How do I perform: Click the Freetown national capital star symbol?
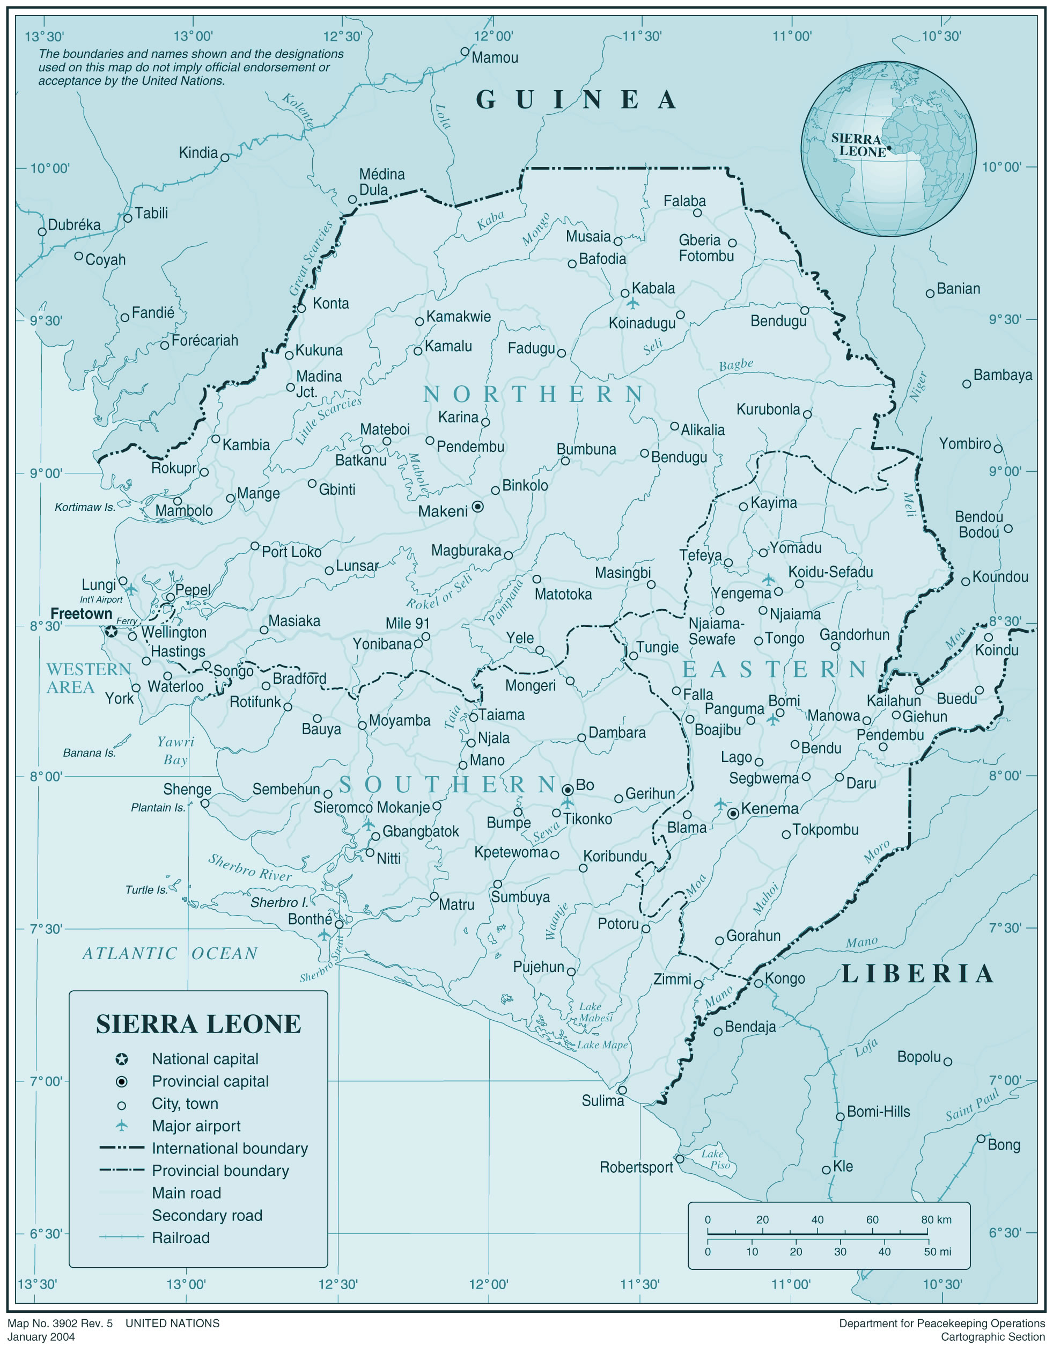111,632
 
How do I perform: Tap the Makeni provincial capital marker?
478,507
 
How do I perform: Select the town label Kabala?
653,289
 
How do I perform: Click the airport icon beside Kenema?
720,804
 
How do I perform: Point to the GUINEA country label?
577,100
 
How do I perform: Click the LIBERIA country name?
917,974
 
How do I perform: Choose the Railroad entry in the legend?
181,1238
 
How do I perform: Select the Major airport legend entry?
196,1126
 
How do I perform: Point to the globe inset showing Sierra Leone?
888,148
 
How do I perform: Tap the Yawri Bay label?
176,750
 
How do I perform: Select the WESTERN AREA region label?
88,678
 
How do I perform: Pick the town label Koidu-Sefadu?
830,572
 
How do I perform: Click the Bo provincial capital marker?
568,790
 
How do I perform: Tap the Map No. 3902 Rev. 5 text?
61,1323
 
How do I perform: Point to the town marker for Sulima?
622,1090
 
